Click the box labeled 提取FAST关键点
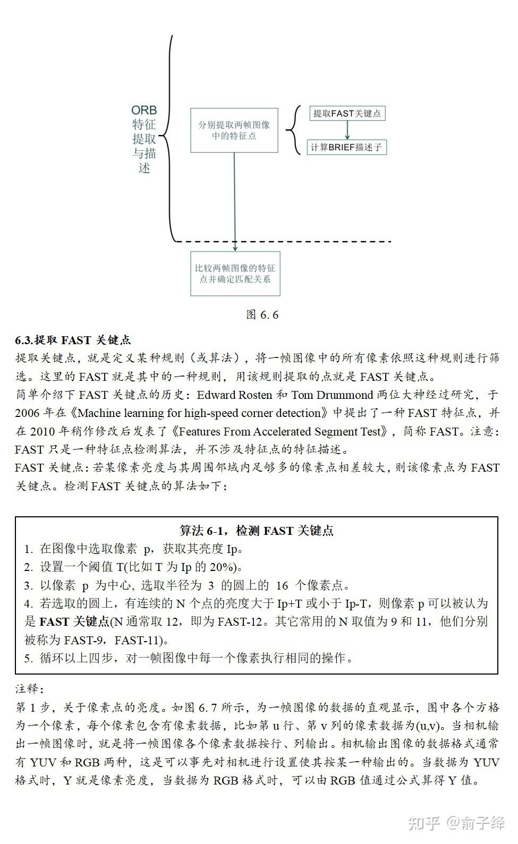click(x=347, y=114)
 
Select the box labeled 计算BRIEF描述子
click(x=347, y=147)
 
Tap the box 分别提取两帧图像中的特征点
click(x=234, y=131)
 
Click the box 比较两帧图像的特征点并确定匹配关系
click(x=235, y=274)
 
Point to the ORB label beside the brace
click(x=144, y=110)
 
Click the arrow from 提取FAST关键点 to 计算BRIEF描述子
click(x=347, y=130)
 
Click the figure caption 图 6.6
click(x=262, y=314)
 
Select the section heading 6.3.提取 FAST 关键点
click(x=73, y=340)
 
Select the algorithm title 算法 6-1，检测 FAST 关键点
click(x=257, y=530)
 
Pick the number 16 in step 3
click(x=282, y=585)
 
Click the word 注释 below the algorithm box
click(x=28, y=689)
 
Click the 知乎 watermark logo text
click(x=423, y=824)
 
